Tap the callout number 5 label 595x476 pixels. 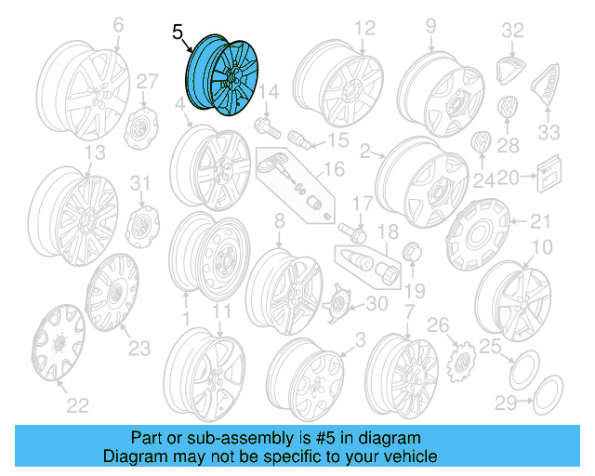pos(178,32)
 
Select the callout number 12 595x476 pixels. pos(364,27)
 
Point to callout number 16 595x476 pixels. pos(334,169)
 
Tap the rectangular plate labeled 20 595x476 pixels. pos(549,171)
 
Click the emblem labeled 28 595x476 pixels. pos(507,108)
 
